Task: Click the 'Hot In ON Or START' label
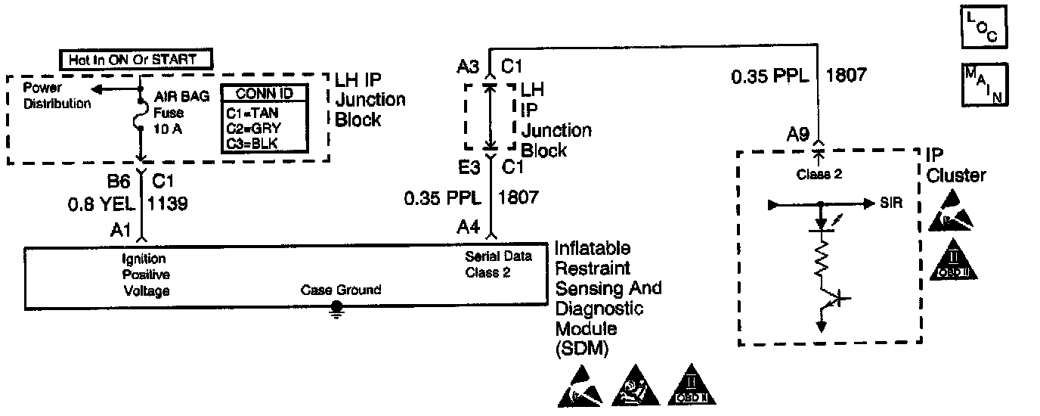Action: pos(136,58)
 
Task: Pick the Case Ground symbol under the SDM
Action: pos(337,309)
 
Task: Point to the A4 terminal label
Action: pos(467,225)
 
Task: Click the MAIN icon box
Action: pos(983,84)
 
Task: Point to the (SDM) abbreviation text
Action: pos(582,349)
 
